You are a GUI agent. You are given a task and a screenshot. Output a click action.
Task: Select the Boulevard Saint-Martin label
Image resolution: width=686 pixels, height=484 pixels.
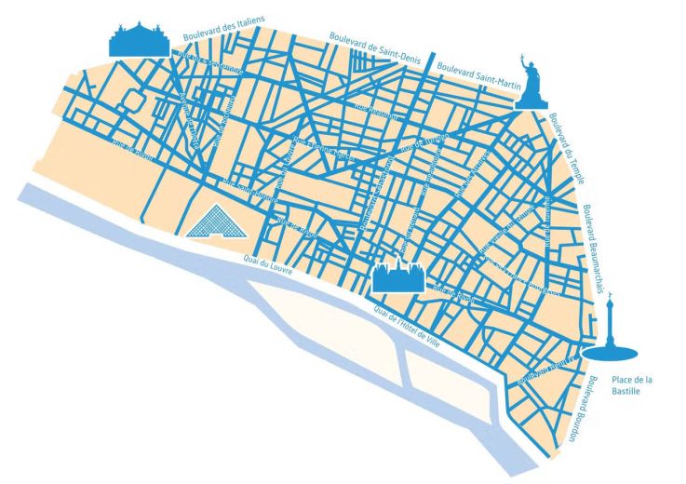pyautogui.click(x=474, y=67)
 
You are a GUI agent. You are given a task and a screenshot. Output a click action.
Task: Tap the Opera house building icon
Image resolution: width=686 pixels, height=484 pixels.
pyautogui.click(x=139, y=38)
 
